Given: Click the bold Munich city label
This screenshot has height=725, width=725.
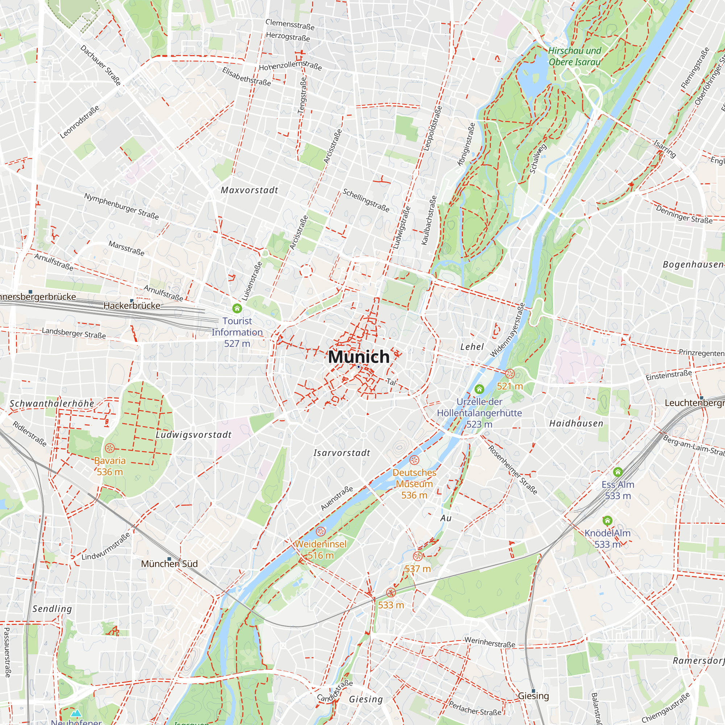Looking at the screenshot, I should [359, 357].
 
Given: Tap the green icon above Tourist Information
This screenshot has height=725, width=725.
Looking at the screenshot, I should [237, 308].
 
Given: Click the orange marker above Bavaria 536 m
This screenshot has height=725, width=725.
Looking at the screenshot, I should [109, 448].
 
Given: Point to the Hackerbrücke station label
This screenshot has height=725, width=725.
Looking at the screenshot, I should [132, 306].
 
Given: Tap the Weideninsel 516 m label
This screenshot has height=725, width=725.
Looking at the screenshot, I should [320, 550].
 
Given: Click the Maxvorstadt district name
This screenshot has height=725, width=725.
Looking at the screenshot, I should [249, 190].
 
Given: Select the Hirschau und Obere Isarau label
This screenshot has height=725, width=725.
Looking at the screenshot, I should [575, 56].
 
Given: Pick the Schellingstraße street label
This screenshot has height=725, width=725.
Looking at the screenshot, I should [366, 200].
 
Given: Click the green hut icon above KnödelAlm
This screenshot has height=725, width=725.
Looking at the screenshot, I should [608, 521].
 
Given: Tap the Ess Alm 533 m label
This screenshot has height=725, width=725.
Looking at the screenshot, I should [618, 490].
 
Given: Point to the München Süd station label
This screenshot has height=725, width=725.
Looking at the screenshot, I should [169, 564].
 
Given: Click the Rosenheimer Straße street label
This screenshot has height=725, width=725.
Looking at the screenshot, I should [513, 469].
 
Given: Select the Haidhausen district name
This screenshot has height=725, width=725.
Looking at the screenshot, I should [576, 424].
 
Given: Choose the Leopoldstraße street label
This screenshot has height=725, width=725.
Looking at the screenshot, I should [433, 128].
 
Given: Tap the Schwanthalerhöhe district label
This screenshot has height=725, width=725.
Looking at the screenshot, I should [52, 403].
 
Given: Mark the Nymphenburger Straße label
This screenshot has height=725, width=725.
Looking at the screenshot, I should [121, 206].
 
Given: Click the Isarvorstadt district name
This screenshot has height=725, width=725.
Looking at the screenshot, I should [342, 453].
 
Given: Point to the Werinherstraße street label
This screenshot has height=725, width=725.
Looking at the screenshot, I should [490, 642].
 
